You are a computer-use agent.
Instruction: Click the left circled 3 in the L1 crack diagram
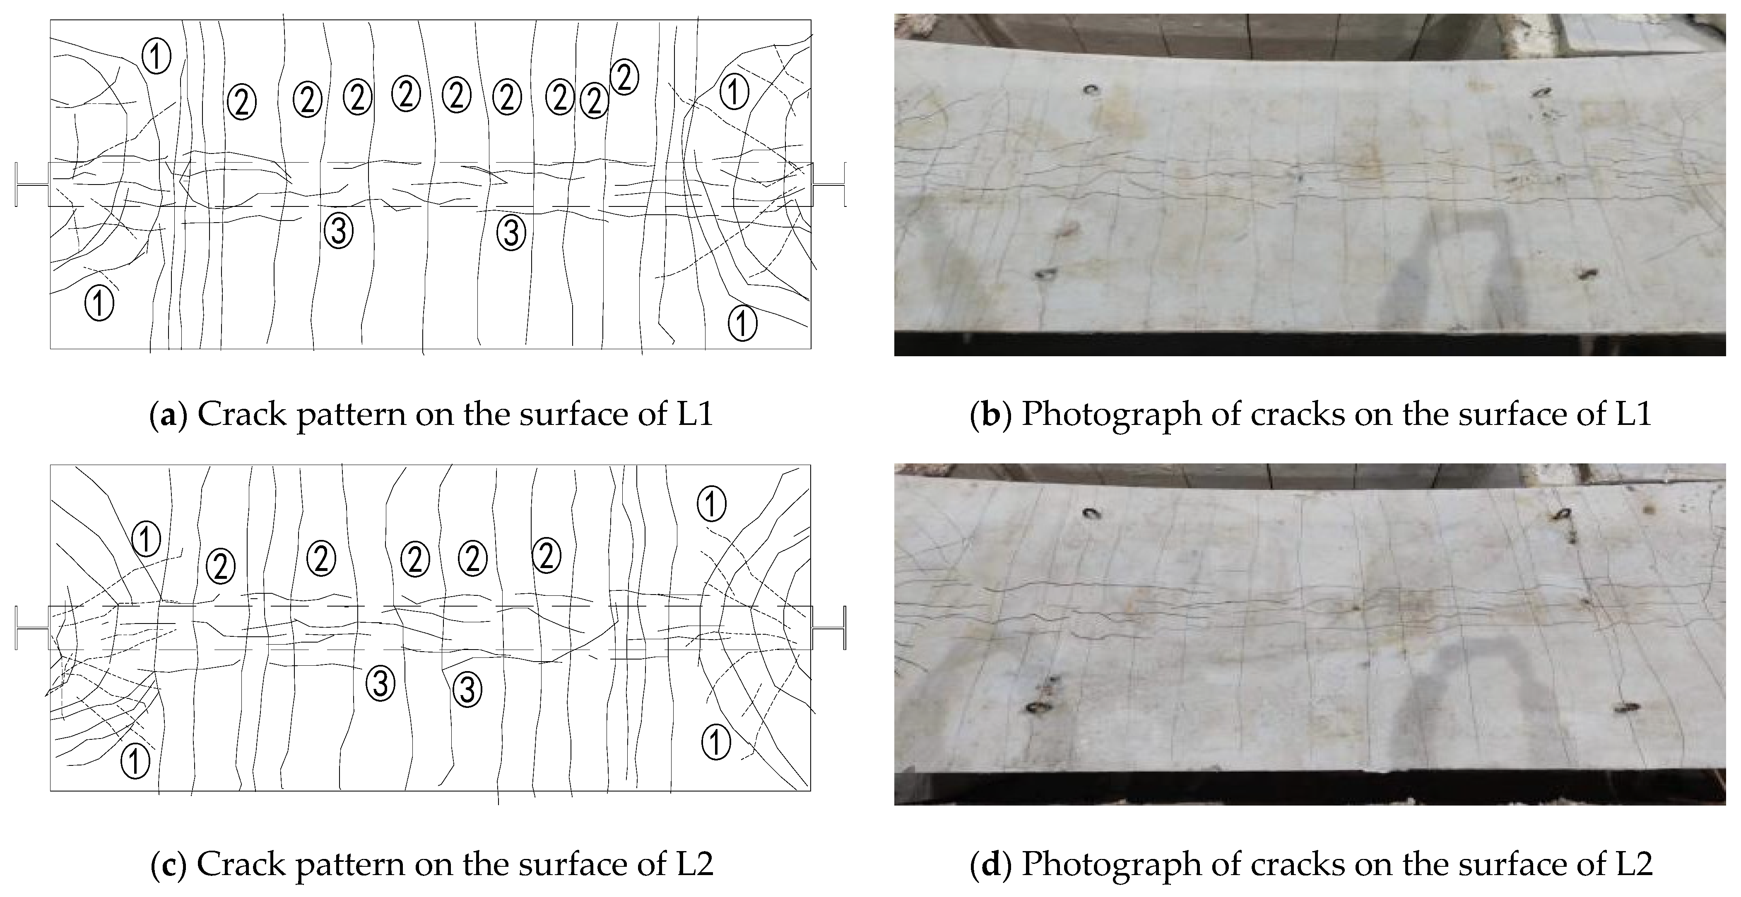pyautogui.click(x=339, y=230)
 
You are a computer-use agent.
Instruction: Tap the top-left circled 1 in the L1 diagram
pyautogui.click(x=156, y=56)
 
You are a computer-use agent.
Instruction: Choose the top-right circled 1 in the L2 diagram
pyautogui.click(x=711, y=504)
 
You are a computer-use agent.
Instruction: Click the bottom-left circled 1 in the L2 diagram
pyautogui.click(x=135, y=761)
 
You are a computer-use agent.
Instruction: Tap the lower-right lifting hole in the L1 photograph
pyautogui.click(x=1587, y=273)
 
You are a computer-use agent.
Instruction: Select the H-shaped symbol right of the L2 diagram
pyautogui.click(x=828, y=628)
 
